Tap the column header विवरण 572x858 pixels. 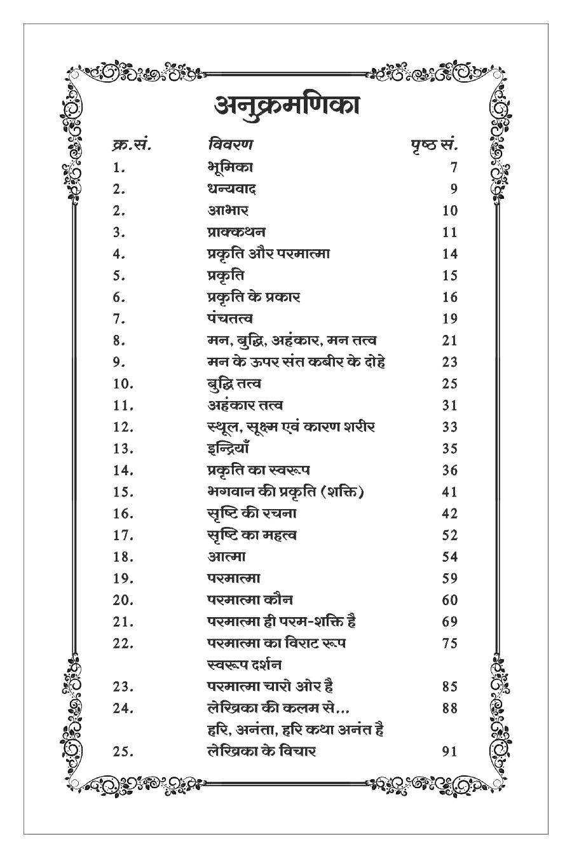tap(229, 145)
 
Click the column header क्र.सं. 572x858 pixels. tap(130, 145)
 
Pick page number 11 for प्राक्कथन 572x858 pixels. tap(449, 233)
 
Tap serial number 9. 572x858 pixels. tap(118, 362)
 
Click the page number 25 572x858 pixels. tap(449, 384)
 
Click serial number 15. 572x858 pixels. tap(123, 492)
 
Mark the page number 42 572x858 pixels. tap(449, 514)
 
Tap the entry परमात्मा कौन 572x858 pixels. tap(250, 599)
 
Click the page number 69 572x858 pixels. tap(449, 622)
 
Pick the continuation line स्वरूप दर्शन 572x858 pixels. tap(245, 665)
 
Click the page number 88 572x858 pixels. tap(449, 708)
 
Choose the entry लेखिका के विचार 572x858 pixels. tap(261, 751)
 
